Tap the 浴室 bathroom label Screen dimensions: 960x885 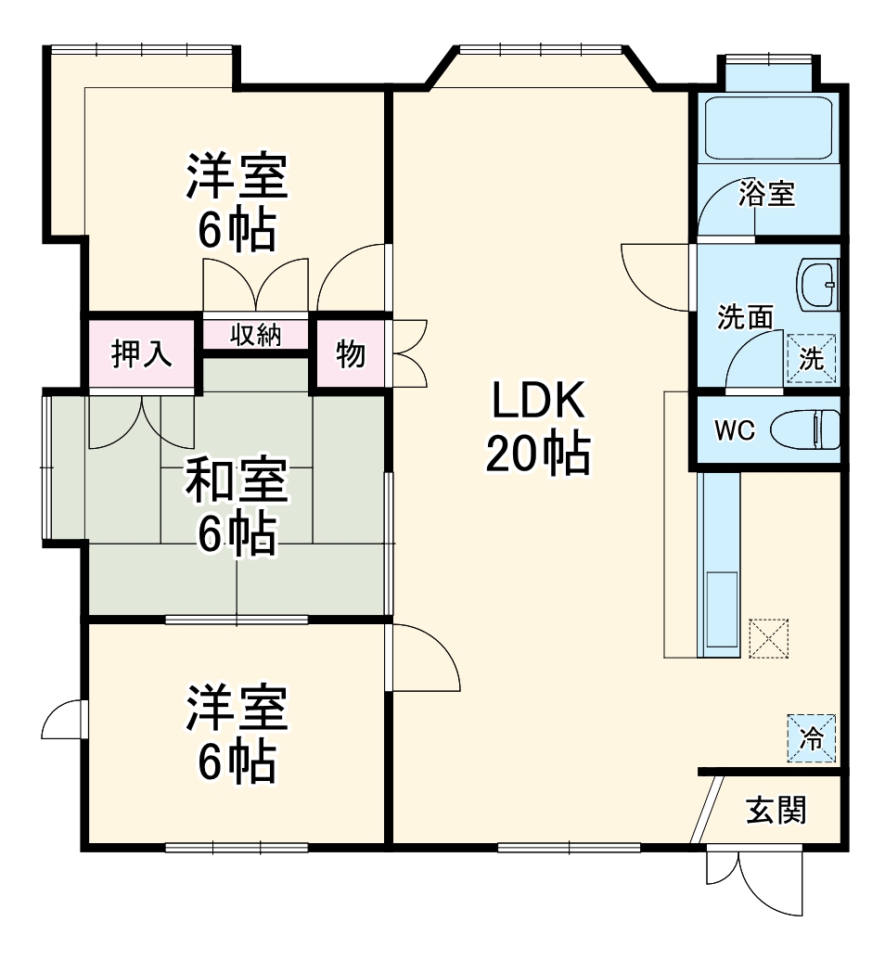pyautogui.click(x=767, y=194)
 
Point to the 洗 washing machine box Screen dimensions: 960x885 pyautogui.click(x=812, y=358)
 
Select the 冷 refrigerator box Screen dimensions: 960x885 pyautogui.click(x=812, y=738)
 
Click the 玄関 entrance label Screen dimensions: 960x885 pyautogui.click(x=777, y=810)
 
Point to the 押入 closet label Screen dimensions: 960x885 pyautogui.click(x=142, y=353)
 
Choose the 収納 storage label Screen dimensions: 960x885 pyautogui.click(x=255, y=335)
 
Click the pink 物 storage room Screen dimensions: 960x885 pyautogui.click(x=350, y=353)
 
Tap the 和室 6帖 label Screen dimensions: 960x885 pyautogui.click(x=236, y=506)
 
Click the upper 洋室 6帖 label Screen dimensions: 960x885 pyautogui.click(x=236, y=203)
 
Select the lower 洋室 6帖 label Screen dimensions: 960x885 pyautogui.click(x=236, y=734)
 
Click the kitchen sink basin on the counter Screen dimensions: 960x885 pyautogui.click(x=722, y=608)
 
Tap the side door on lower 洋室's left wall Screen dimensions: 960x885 pyautogui.click(x=64, y=719)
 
